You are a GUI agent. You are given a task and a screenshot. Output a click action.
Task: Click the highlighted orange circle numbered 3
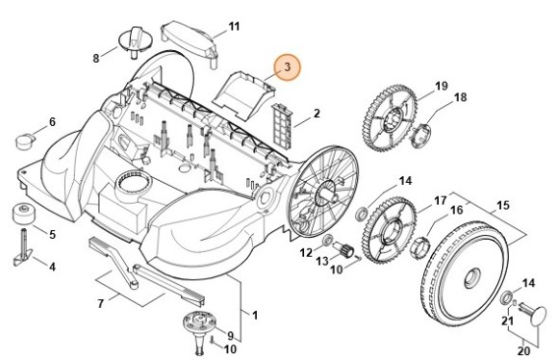(286, 67)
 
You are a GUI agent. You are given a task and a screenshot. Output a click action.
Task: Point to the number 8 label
(95, 58)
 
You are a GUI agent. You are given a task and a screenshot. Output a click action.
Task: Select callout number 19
(442, 87)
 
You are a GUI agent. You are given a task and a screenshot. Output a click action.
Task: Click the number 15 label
(501, 204)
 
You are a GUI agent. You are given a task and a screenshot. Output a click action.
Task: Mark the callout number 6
(52, 122)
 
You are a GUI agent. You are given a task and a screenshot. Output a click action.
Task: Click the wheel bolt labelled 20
(534, 314)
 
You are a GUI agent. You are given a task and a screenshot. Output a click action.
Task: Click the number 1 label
(254, 315)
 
